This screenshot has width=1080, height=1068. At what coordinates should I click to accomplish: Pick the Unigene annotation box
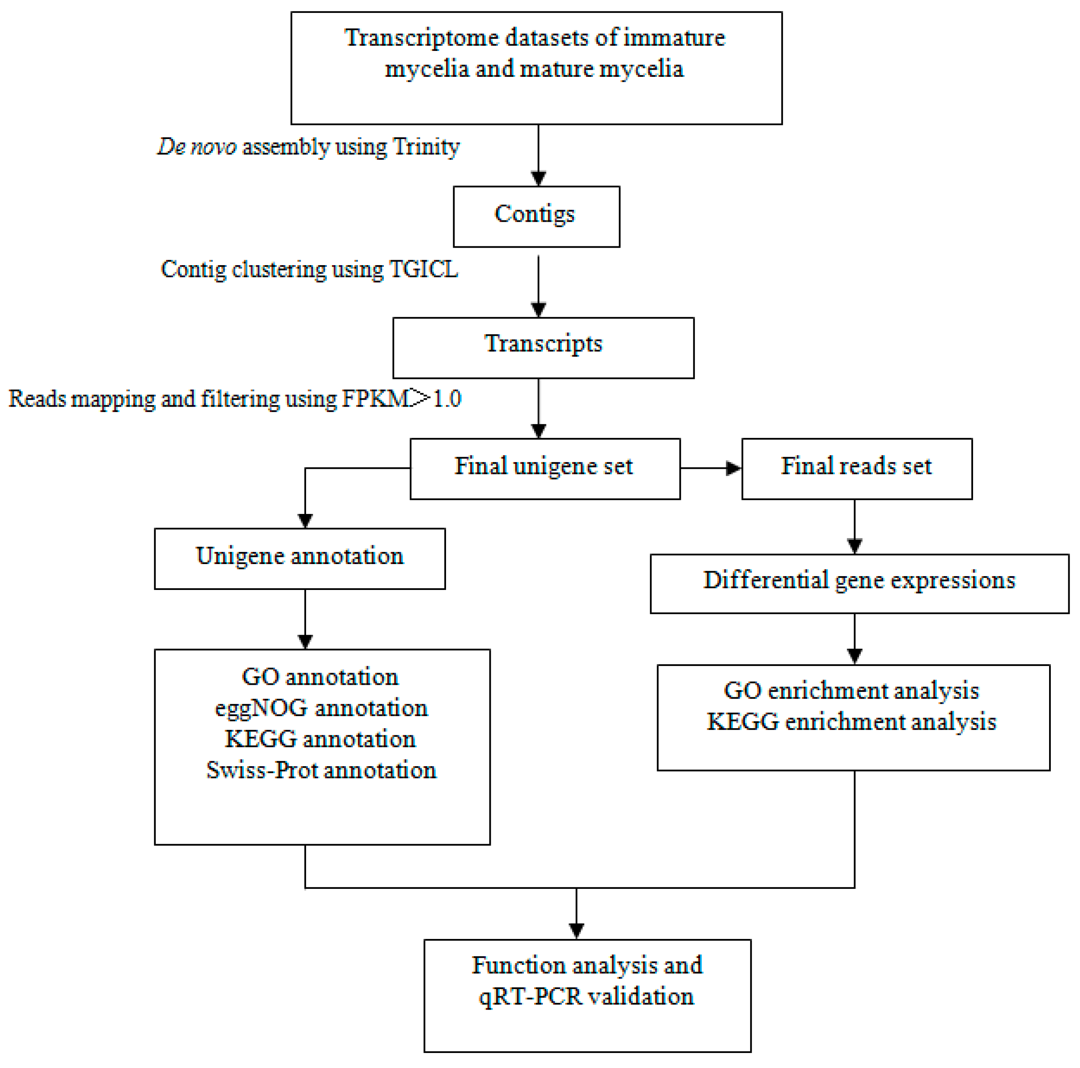click(299, 558)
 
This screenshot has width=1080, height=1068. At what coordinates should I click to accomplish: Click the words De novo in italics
click(197, 147)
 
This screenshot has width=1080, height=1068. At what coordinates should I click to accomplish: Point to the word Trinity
click(426, 147)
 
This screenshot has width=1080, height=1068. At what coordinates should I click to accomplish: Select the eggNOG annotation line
click(322, 708)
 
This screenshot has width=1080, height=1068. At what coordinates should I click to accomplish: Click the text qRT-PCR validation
click(586, 997)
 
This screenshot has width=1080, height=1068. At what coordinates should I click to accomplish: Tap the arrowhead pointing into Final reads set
click(733, 468)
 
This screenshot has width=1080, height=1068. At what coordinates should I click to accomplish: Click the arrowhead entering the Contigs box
click(538, 178)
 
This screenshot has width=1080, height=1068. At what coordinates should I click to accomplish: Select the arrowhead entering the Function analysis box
click(576, 931)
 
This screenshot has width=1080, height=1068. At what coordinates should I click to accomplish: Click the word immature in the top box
click(674, 38)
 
